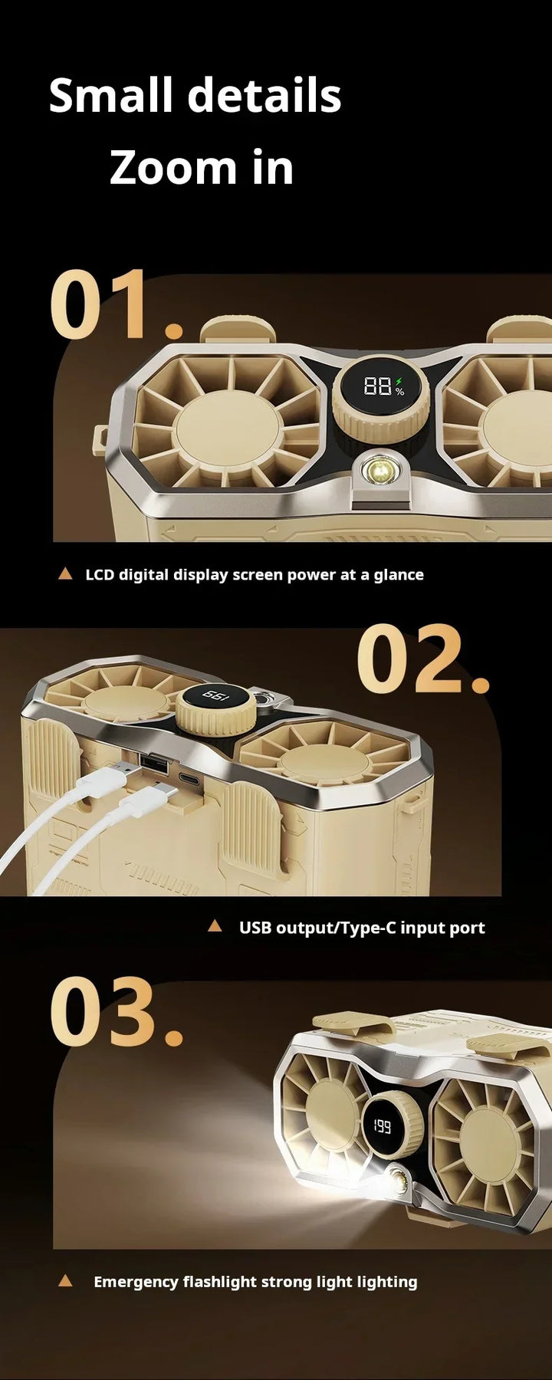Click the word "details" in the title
tap(264, 96)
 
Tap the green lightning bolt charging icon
tap(399, 380)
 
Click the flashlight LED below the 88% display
tap(378, 469)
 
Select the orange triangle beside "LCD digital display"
tap(65, 573)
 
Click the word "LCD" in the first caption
tap(100, 574)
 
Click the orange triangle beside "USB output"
tap(215, 926)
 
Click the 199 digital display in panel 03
tap(382, 1126)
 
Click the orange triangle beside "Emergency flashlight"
tap(65, 1280)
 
